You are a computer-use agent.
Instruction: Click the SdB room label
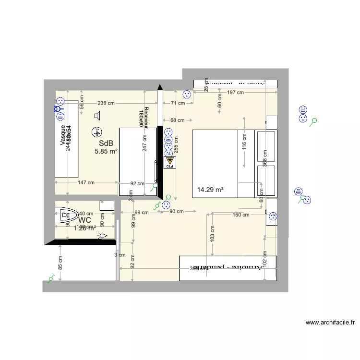click(106, 143)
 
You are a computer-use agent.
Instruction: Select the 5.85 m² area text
click(106, 151)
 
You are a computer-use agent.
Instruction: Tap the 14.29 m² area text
click(210, 190)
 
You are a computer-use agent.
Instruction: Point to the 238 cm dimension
click(106, 103)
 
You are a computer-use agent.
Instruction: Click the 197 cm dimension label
click(235, 93)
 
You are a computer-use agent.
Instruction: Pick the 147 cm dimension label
click(86, 183)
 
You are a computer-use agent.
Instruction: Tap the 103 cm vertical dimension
click(212, 233)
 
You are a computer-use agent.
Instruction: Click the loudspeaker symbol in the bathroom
click(98, 115)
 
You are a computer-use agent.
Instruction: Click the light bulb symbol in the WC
click(102, 235)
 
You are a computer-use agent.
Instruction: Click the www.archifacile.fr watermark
click(330, 323)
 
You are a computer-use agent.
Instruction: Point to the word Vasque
click(62, 136)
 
